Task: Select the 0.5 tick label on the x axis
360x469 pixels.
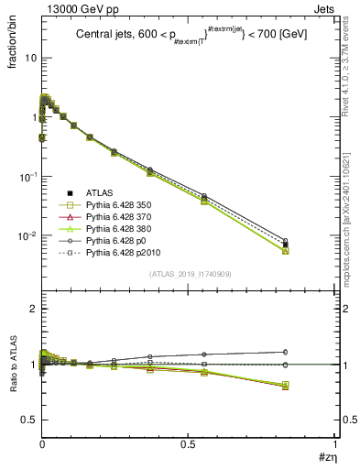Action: tap(188, 445)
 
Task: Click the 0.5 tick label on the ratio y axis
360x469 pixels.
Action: tap(28, 420)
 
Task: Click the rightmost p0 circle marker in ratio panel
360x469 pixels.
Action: tap(285, 352)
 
